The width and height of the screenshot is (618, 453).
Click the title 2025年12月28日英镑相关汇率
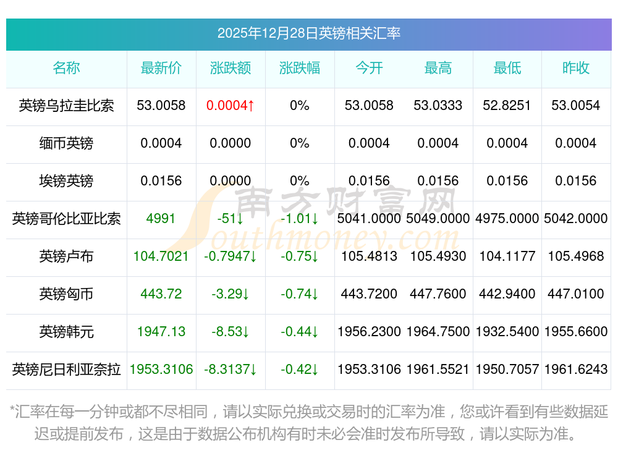[308, 33]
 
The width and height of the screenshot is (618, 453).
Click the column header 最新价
[161, 68]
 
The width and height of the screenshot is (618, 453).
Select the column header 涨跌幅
[300, 68]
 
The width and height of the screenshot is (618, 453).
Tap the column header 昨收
[576, 68]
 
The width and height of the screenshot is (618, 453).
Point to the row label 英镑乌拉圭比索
[66, 106]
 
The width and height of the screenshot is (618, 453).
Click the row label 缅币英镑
[66, 143]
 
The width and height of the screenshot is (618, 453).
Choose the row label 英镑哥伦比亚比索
[66, 219]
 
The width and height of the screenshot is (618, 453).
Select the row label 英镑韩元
[66, 332]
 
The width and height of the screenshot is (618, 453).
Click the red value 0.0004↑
[231, 106]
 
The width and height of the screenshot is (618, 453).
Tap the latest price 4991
[161, 219]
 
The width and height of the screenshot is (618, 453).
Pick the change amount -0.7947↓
[231, 256]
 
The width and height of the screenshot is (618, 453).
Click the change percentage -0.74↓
[300, 294]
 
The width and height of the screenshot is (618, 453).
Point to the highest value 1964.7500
[438, 332]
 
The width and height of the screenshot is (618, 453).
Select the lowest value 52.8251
[507, 106]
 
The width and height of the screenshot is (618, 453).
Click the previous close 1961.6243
[576, 370]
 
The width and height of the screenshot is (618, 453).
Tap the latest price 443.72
[161, 294]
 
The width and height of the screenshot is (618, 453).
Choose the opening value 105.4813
[369, 256]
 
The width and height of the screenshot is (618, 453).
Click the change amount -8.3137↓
[231, 370]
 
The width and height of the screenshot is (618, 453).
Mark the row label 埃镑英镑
[66, 181]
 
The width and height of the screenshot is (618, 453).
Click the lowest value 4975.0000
[507, 219]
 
